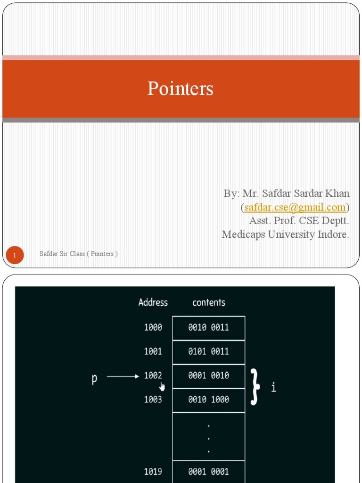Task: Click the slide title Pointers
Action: tap(181, 88)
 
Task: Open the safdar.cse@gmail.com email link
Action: tap(295, 208)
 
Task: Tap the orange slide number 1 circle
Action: tap(15, 255)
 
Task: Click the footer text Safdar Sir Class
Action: tap(62, 254)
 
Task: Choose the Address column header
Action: tap(153, 302)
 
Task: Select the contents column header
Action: tap(209, 302)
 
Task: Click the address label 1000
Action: tap(153, 327)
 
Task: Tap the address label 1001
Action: tap(153, 351)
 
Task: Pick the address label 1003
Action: tap(153, 399)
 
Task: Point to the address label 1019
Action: tap(153, 471)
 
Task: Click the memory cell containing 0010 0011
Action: tap(209, 328)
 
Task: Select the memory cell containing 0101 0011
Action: tap(209, 352)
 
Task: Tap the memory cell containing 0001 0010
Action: tap(209, 376)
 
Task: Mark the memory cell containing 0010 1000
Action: tap(209, 400)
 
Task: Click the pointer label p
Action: tap(94, 378)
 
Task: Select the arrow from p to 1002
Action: tap(123, 376)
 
